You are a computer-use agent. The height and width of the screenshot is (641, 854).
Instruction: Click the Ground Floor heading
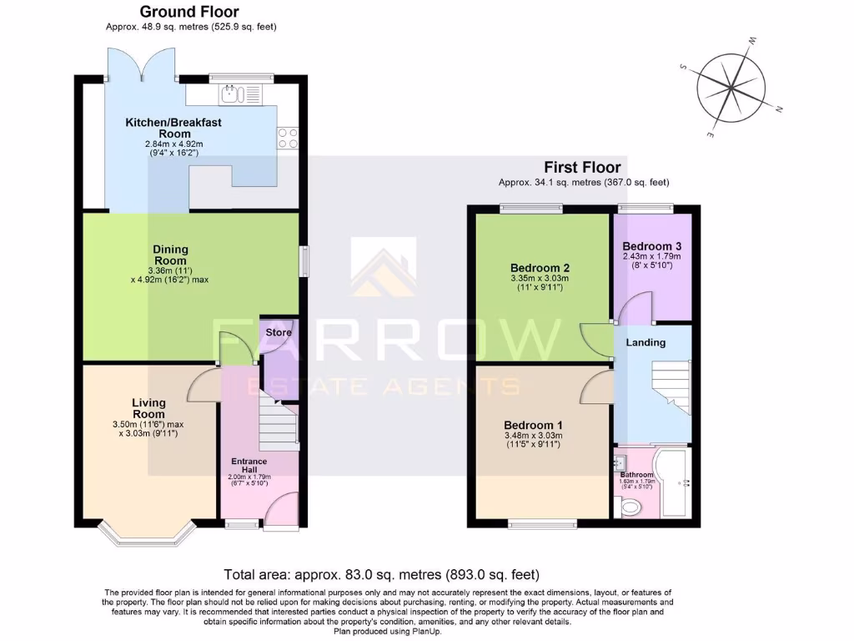[x=188, y=12]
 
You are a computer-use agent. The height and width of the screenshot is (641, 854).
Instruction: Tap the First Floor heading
[x=582, y=168]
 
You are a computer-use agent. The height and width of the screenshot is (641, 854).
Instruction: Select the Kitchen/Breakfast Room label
[x=173, y=128]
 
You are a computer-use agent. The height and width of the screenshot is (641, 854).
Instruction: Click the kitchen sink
[x=241, y=94]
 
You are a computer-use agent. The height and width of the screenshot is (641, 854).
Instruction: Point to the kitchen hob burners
[x=288, y=138]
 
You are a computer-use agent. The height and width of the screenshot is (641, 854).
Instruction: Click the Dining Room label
[x=170, y=255]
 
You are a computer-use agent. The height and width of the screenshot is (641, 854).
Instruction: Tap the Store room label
[x=279, y=332]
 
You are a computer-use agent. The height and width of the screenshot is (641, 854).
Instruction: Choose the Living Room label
[x=148, y=408]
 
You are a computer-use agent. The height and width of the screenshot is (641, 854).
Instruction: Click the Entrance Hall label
[x=249, y=466]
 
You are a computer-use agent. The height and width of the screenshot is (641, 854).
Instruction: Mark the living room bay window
[x=147, y=535]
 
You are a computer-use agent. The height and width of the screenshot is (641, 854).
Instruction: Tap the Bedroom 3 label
[x=652, y=246]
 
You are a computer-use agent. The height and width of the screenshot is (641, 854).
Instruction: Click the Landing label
[x=646, y=342]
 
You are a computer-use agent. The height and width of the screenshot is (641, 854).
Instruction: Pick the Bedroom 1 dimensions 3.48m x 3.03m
[x=533, y=435]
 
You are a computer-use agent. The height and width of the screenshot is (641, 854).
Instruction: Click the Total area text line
[x=382, y=574]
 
